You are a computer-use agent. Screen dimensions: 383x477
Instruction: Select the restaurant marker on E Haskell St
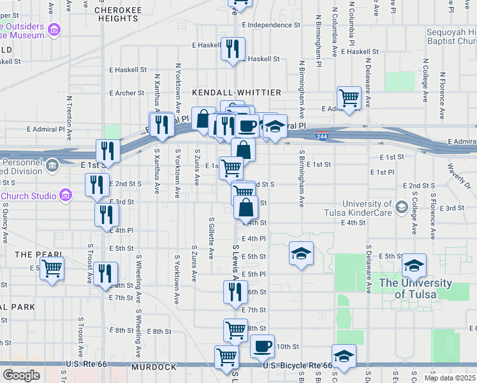(233, 49)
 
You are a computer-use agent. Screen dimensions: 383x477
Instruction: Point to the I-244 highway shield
(323, 135)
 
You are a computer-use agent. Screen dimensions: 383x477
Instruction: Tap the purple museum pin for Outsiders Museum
(55, 30)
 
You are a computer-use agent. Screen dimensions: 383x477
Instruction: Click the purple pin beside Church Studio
(64, 195)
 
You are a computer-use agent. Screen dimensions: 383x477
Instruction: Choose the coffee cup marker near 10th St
(262, 347)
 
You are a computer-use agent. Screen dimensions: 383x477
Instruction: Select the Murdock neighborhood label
(153, 368)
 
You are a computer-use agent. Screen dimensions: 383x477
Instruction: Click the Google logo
(21, 375)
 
